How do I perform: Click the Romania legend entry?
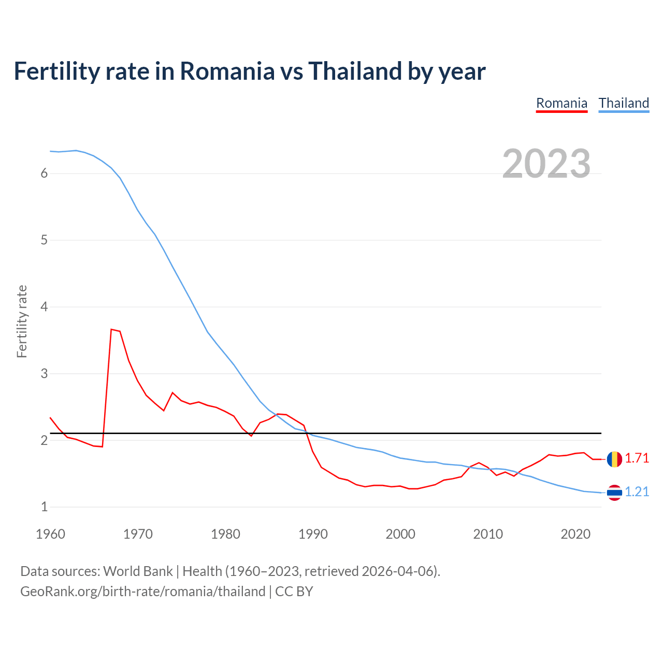pyautogui.click(x=561, y=103)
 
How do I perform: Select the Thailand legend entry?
pyautogui.click(x=624, y=103)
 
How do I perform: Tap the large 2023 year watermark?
pyautogui.click(x=546, y=164)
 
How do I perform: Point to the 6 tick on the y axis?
pyautogui.click(x=44, y=174)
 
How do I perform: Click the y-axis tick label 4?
pyautogui.click(x=44, y=307)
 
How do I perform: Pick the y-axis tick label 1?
pyautogui.click(x=44, y=507)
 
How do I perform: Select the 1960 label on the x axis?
pyautogui.click(x=50, y=534)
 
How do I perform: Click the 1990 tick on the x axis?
pyautogui.click(x=313, y=534)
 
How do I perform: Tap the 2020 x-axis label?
pyautogui.click(x=575, y=534)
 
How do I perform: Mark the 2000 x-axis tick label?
pyautogui.click(x=400, y=534)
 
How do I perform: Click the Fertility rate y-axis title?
pyautogui.click(x=22, y=321)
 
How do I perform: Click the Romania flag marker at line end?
pyautogui.click(x=614, y=459)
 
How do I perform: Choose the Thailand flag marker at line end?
pyautogui.click(x=614, y=493)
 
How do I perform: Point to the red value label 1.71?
pyautogui.click(x=637, y=458)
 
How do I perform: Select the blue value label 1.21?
pyautogui.click(x=637, y=492)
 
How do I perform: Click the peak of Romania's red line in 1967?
pyautogui.click(x=111, y=329)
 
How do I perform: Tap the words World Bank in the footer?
pyautogui.click(x=138, y=571)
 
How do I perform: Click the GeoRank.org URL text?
pyautogui.click(x=142, y=592)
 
